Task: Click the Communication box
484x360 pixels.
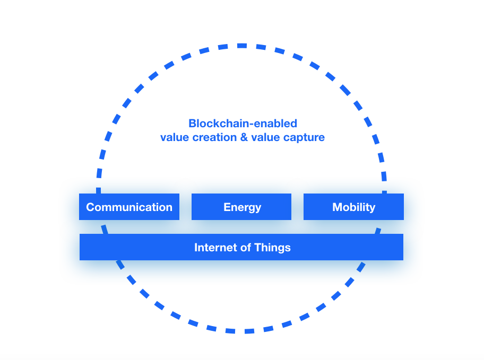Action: (129, 207)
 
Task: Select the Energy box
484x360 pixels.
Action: (241, 207)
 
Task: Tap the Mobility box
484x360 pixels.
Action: (354, 207)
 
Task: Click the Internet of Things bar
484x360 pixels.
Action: (241, 247)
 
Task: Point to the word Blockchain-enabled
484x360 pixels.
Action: (243, 124)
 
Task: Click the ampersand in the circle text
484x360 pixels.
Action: (244, 137)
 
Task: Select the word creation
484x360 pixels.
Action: (214, 137)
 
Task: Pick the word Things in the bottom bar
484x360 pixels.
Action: (273, 248)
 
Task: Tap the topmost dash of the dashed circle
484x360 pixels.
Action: (242, 46)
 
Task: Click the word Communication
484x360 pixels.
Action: (129, 207)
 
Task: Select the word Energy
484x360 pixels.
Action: (243, 207)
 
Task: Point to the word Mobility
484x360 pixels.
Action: (354, 207)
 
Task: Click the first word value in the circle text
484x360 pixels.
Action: (175, 137)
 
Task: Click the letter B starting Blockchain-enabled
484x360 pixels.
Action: (192, 124)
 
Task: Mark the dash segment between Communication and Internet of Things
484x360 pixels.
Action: (105, 229)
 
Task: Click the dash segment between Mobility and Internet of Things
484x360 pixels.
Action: (378, 231)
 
